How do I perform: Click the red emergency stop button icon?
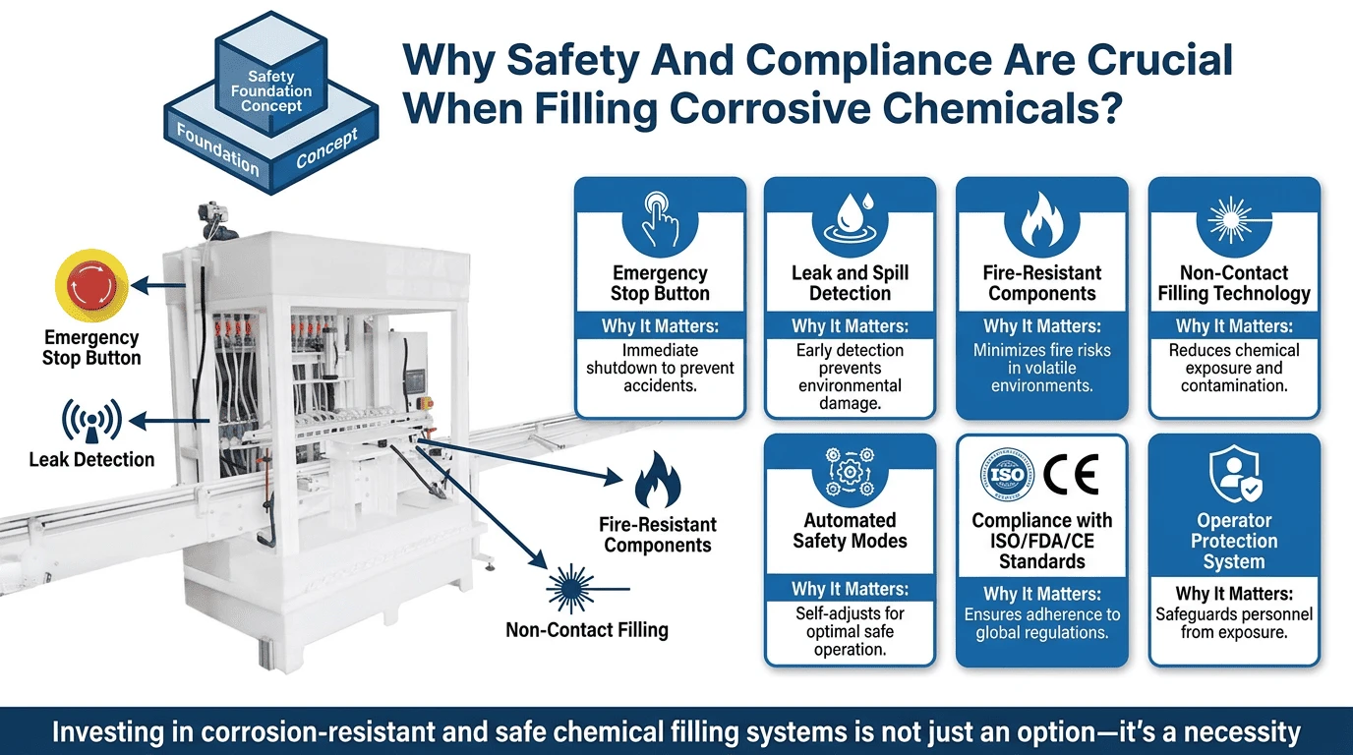tap(91, 285)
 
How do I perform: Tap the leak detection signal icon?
tap(91, 421)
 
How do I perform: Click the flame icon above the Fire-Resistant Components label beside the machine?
tap(657, 481)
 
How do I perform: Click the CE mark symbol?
tap(1071, 475)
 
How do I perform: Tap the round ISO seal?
tap(1006, 475)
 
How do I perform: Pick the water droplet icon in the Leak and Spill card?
tap(850, 217)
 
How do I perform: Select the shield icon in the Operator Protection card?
tap(1234, 474)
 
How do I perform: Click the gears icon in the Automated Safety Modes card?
tap(850, 472)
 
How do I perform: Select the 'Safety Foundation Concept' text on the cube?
tap(271, 91)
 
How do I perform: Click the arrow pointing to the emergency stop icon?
tap(158, 285)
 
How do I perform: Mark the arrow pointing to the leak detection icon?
tap(169, 421)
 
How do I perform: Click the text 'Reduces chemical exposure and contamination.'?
tap(1234, 368)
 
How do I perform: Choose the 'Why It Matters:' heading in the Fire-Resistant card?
tap(1042, 326)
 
